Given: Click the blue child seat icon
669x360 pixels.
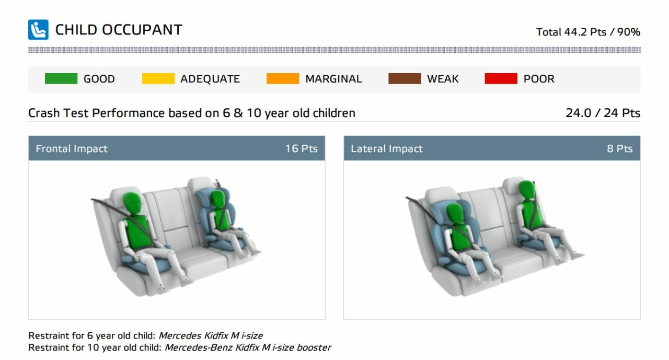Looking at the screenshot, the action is click(38, 30).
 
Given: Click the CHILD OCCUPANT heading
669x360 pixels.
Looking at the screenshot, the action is click(119, 30).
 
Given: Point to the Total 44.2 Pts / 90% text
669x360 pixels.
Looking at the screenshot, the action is click(588, 32).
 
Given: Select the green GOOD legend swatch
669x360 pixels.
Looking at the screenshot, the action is click(61, 78).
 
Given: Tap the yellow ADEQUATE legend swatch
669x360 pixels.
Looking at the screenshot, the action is click(158, 78).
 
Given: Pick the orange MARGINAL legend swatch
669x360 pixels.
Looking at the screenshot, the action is click(283, 78).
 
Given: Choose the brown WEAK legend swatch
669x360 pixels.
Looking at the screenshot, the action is click(405, 78).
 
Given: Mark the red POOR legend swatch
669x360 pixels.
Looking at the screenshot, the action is click(501, 78).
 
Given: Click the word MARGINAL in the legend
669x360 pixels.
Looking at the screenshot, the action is click(333, 79).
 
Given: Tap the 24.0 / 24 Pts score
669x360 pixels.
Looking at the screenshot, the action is click(603, 113).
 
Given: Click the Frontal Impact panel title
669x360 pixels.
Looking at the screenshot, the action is click(72, 148).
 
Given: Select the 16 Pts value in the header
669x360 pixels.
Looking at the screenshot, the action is click(301, 148).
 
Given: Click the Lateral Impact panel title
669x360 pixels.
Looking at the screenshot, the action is click(386, 148).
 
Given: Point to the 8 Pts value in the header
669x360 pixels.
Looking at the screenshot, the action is click(619, 148).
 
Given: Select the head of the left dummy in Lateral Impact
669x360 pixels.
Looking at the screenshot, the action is click(455, 214).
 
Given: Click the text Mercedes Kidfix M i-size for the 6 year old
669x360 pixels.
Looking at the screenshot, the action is click(211, 335).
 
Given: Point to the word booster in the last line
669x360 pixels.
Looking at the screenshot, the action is click(314, 347).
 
